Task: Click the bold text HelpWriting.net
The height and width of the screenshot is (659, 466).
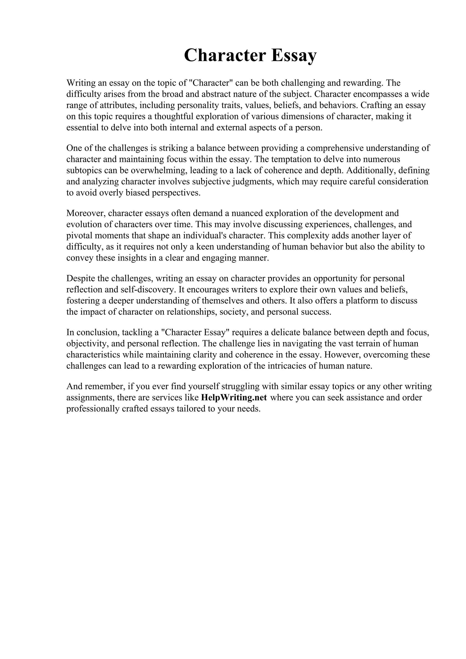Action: tap(234, 398)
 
